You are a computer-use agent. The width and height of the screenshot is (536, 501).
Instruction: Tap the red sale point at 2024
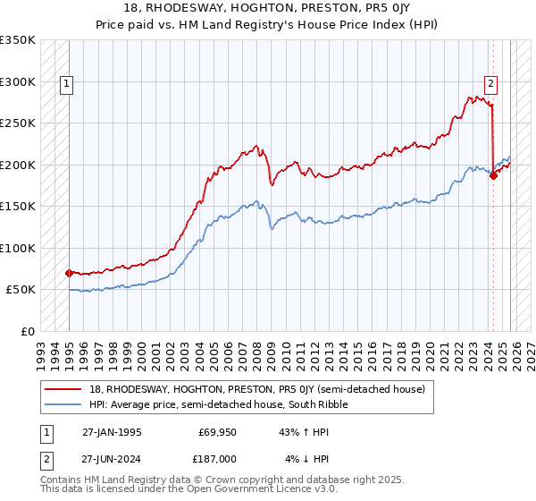(x=493, y=176)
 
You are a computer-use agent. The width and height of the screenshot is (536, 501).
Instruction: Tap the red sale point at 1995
(x=69, y=273)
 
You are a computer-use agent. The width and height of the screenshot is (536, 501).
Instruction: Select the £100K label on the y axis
(x=18, y=248)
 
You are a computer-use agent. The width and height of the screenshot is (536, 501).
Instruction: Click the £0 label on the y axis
(x=27, y=331)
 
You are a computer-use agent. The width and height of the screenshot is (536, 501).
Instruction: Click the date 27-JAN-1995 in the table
(x=112, y=432)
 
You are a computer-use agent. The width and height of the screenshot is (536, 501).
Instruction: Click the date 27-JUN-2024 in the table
(x=112, y=459)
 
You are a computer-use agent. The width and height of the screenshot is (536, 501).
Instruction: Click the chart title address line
(x=268, y=10)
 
